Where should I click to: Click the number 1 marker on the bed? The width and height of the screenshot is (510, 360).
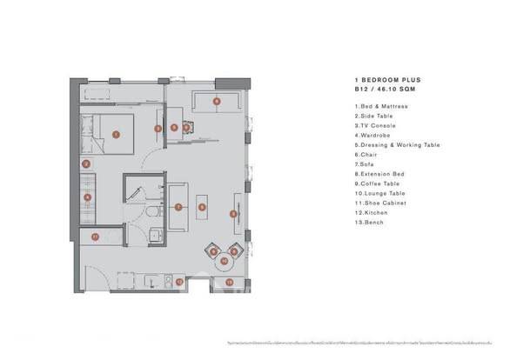(116, 135)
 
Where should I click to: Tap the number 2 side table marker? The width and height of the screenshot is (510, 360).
(85, 163)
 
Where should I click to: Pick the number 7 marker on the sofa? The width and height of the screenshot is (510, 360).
(178, 207)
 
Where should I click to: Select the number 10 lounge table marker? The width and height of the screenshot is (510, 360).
(224, 260)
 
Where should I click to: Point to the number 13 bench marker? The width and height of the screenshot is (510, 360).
(230, 282)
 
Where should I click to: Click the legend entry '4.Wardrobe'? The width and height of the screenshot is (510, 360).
(375, 135)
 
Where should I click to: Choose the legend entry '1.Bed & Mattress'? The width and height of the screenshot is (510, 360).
(383, 106)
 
